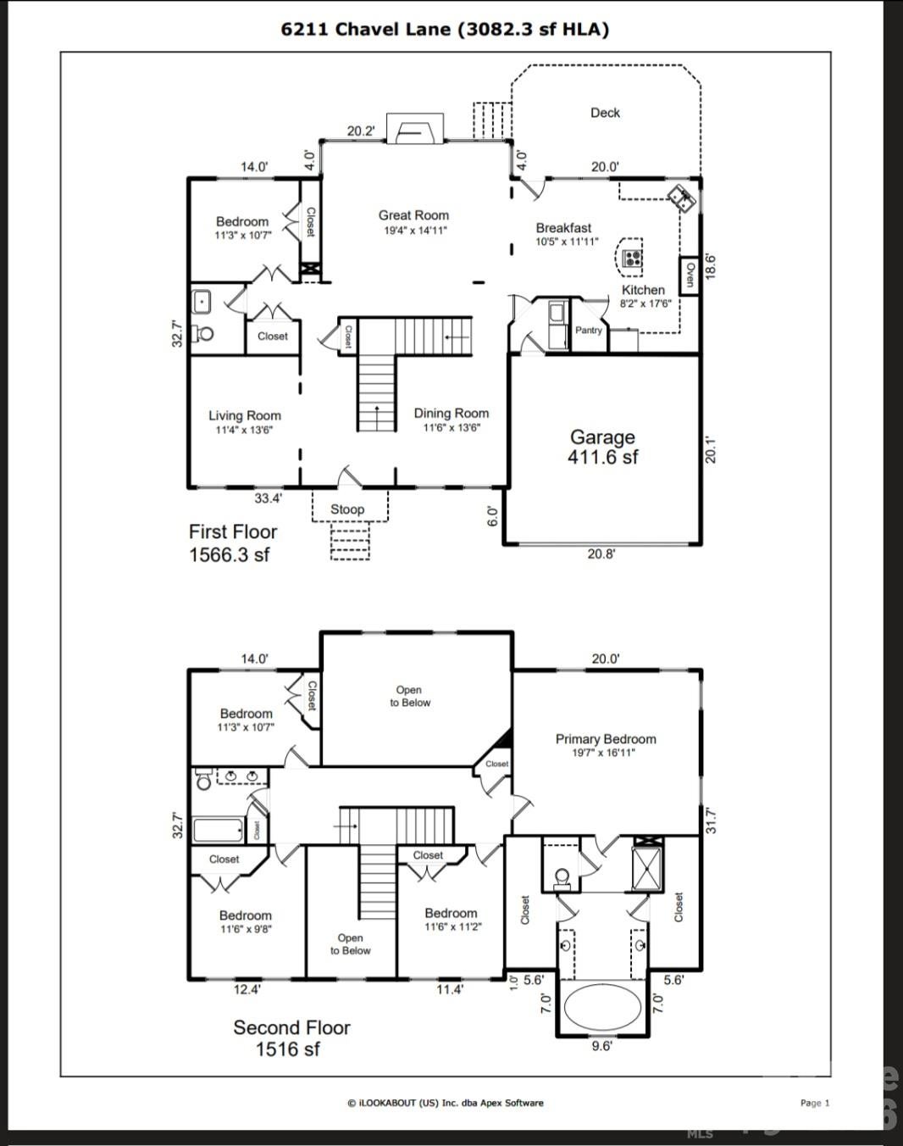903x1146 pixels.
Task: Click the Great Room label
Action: pos(413,215)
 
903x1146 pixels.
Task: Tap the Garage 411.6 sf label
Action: pos(602,447)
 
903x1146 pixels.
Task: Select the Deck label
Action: pos(605,113)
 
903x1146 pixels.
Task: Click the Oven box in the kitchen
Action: pos(689,275)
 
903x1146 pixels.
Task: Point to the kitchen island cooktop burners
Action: pos(632,259)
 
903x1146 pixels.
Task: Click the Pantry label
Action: pos(589,331)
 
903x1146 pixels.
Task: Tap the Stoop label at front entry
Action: pos(347,509)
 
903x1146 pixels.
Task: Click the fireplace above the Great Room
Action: pos(415,128)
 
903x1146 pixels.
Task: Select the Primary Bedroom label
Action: pos(606,739)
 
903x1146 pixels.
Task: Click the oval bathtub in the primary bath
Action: pos(602,1007)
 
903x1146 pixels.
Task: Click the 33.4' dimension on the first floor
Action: pos(269,498)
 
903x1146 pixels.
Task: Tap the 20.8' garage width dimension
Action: pos(601,554)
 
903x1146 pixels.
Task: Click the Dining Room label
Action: pos(451,414)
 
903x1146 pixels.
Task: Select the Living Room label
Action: pos(245,416)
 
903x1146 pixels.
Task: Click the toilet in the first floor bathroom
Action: pos(202,334)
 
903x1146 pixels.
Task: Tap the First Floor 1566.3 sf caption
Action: pos(233,543)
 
